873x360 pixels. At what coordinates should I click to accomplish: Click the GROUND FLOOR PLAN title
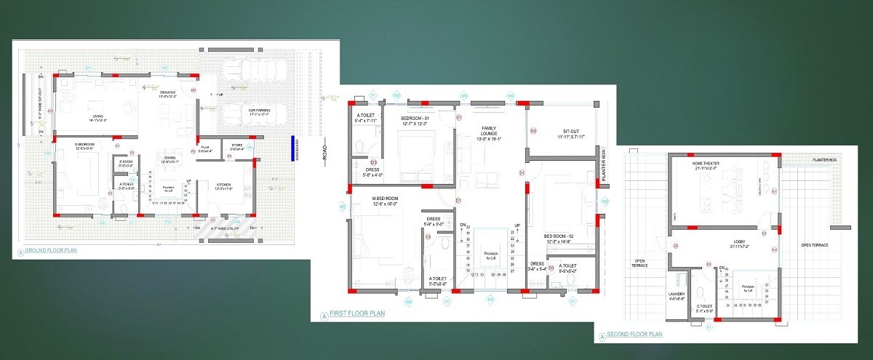(51, 252)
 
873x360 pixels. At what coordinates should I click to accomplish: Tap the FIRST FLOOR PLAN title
(356, 314)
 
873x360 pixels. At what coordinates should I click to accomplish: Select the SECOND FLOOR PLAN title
(634, 335)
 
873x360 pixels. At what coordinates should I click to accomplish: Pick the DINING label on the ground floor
(169, 158)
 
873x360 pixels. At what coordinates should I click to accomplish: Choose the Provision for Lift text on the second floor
(747, 287)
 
